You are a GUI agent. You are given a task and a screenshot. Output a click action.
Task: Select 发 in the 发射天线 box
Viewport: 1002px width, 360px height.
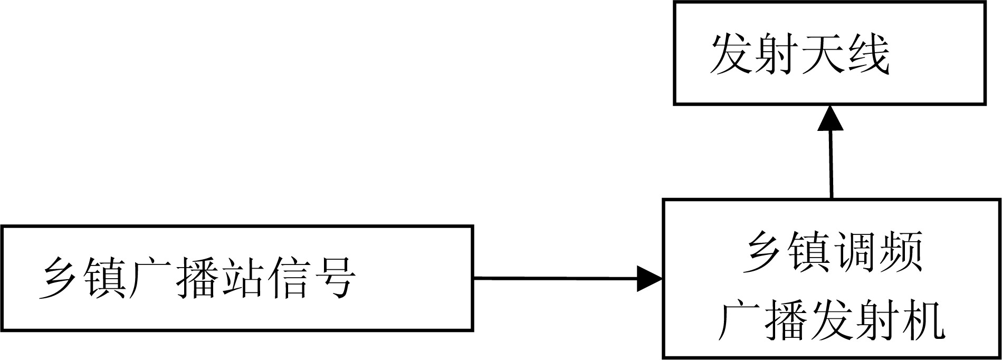pos(732,54)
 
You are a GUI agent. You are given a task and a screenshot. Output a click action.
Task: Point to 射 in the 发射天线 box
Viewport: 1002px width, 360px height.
pos(777,54)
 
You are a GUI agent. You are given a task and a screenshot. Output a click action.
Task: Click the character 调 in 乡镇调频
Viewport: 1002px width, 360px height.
pos(855,252)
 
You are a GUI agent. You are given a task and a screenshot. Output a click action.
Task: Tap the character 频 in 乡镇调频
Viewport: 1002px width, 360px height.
pos(900,252)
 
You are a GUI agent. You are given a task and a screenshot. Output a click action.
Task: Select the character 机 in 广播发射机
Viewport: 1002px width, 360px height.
pos(922,320)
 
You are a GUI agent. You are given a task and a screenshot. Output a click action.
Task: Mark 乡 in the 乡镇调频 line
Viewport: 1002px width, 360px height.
pos(765,252)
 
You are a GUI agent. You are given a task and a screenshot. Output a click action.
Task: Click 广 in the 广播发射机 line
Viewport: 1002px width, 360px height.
pos(742,320)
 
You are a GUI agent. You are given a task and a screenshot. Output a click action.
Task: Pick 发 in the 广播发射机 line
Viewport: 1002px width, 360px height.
pos(832,320)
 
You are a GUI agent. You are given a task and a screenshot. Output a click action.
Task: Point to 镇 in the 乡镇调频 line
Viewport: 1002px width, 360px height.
pos(809,252)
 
